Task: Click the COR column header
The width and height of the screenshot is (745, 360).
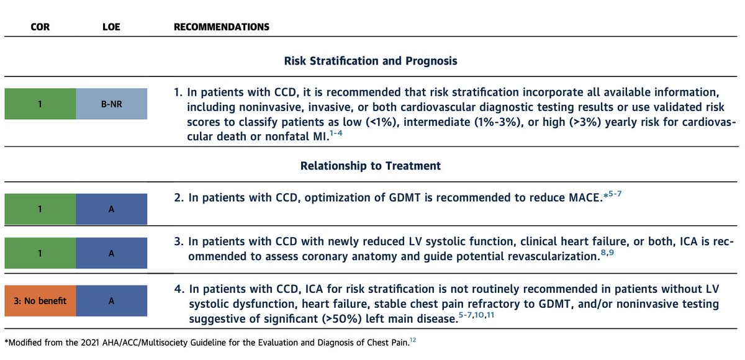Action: pos(40,27)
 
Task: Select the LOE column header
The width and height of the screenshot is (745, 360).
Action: pos(112,27)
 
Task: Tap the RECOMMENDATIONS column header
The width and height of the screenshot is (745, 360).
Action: pos(222,27)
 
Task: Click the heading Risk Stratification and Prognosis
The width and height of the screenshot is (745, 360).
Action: pos(371,61)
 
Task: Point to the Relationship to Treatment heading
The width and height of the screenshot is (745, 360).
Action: pos(371,166)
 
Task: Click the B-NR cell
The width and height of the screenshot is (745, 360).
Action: pos(112,104)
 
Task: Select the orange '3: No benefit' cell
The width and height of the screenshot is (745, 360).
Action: pos(40,301)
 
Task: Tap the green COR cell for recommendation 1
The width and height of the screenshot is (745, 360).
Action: pos(40,104)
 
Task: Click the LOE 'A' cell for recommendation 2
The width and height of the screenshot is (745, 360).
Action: pos(112,209)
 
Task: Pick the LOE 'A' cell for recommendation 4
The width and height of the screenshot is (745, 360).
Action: pos(112,301)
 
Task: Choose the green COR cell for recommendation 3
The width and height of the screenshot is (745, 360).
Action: pos(40,253)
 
